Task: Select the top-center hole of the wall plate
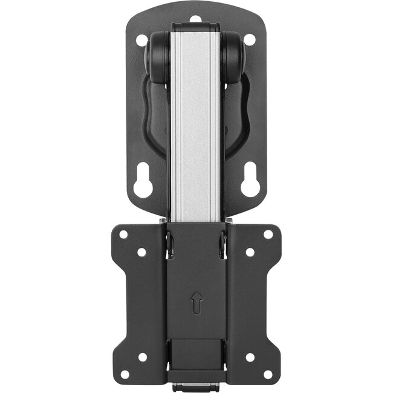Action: point(195,19)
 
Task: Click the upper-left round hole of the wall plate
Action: point(142,41)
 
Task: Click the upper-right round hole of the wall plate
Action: point(249,41)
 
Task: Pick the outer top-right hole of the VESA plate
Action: point(268,235)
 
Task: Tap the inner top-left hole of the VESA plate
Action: point(142,252)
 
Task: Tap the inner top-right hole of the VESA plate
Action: point(250,252)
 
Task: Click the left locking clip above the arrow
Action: point(170,244)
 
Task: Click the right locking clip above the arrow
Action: point(222,244)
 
